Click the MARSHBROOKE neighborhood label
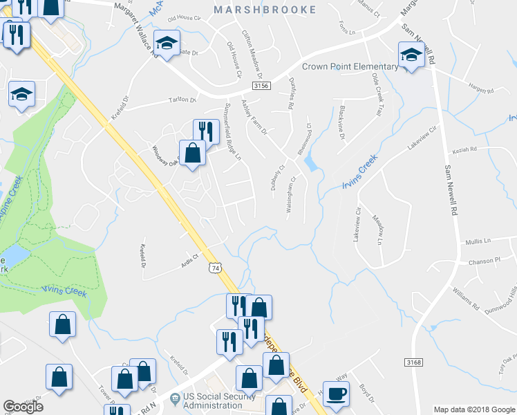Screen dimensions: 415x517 point(265,10)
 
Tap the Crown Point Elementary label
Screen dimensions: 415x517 point(350,67)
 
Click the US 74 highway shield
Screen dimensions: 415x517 point(216,268)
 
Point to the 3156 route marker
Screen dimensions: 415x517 point(260,85)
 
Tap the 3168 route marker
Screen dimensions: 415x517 point(413,362)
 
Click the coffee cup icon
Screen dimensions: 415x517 point(337,394)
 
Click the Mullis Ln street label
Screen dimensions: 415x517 point(477,241)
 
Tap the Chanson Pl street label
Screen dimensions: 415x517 point(484,261)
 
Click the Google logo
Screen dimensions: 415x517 point(23,407)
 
